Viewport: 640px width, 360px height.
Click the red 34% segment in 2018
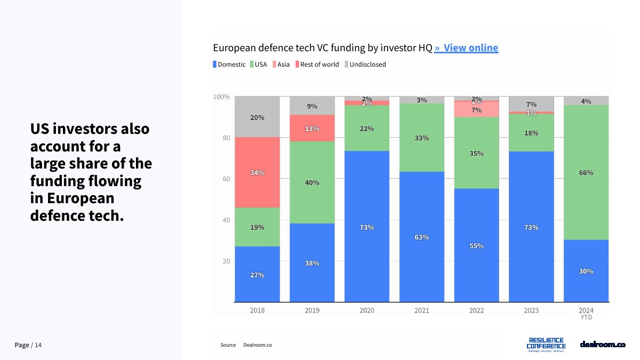(x=257, y=172)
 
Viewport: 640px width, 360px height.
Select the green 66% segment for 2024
(x=586, y=172)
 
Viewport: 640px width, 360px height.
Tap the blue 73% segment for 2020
(x=366, y=227)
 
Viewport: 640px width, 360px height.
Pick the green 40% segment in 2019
(x=312, y=182)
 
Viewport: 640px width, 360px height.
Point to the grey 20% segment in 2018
(x=257, y=117)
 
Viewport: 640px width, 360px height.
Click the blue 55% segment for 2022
(x=476, y=245)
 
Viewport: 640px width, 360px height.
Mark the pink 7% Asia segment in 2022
(x=476, y=109)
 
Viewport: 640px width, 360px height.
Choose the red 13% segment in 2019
(x=312, y=128)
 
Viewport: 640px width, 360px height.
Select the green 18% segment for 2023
(x=531, y=133)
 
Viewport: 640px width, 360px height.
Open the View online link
(x=466, y=48)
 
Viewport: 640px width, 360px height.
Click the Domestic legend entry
(x=229, y=65)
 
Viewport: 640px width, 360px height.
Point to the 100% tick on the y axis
(x=221, y=97)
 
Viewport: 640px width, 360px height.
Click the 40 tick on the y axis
(x=226, y=220)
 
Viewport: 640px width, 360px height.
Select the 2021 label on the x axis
(x=421, y=310)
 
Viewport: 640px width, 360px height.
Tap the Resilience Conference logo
(x=546, y=344)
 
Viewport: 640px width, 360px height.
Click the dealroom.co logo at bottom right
(x=602, y=344)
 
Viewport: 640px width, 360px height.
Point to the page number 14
(x=38, y=345)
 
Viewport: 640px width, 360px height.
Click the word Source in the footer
(x=228, y=345)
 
